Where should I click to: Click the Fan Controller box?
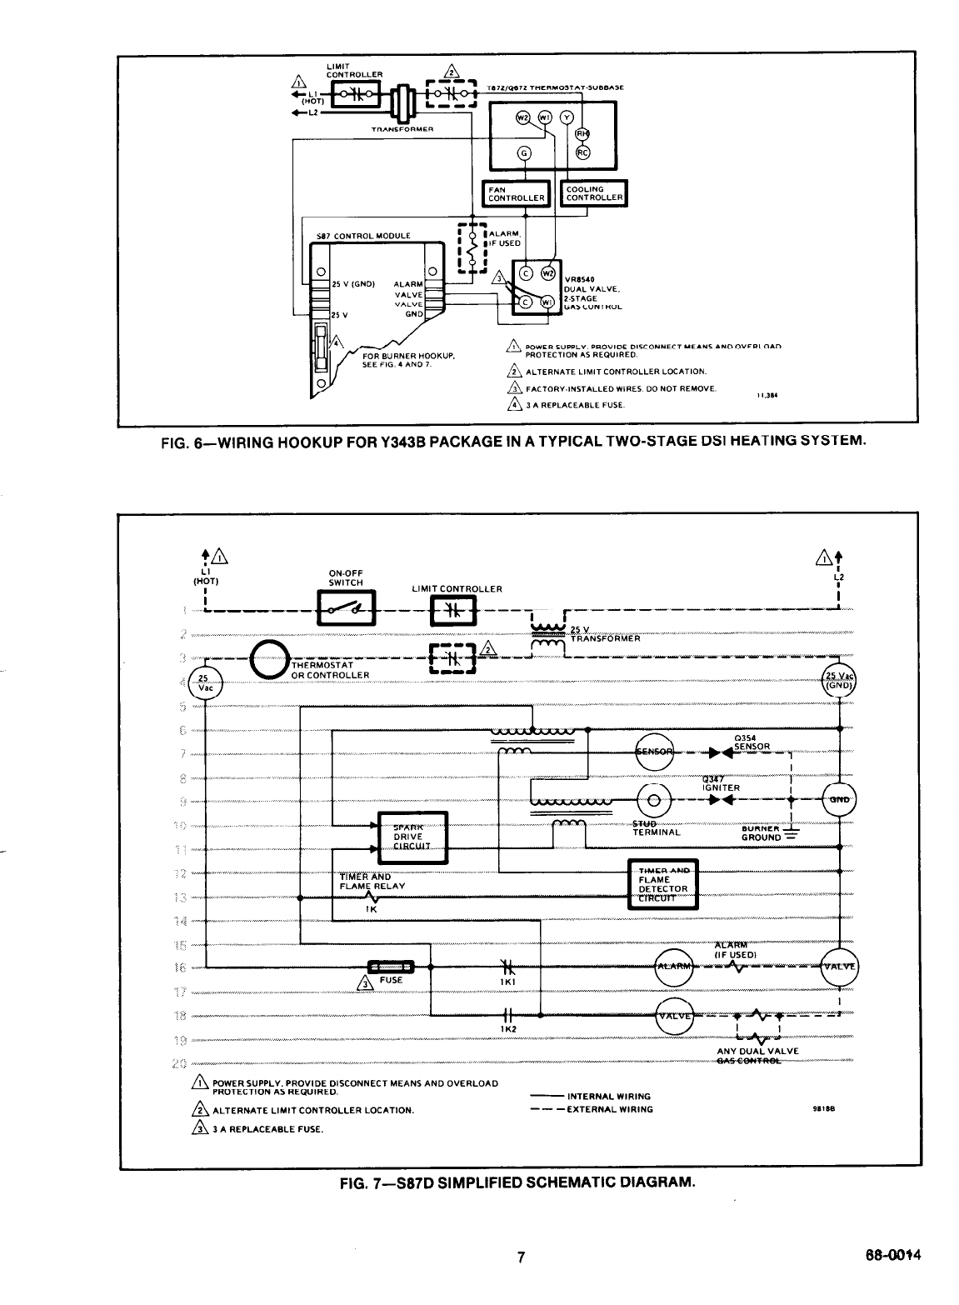point(517,193)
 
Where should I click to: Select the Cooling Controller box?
point(594,193)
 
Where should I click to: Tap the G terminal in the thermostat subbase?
point(524,152)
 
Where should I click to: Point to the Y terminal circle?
point(567,117)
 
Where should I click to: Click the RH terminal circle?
point(583,133)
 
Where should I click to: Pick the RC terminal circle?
point(583,152)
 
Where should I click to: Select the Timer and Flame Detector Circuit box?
point(662,883)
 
